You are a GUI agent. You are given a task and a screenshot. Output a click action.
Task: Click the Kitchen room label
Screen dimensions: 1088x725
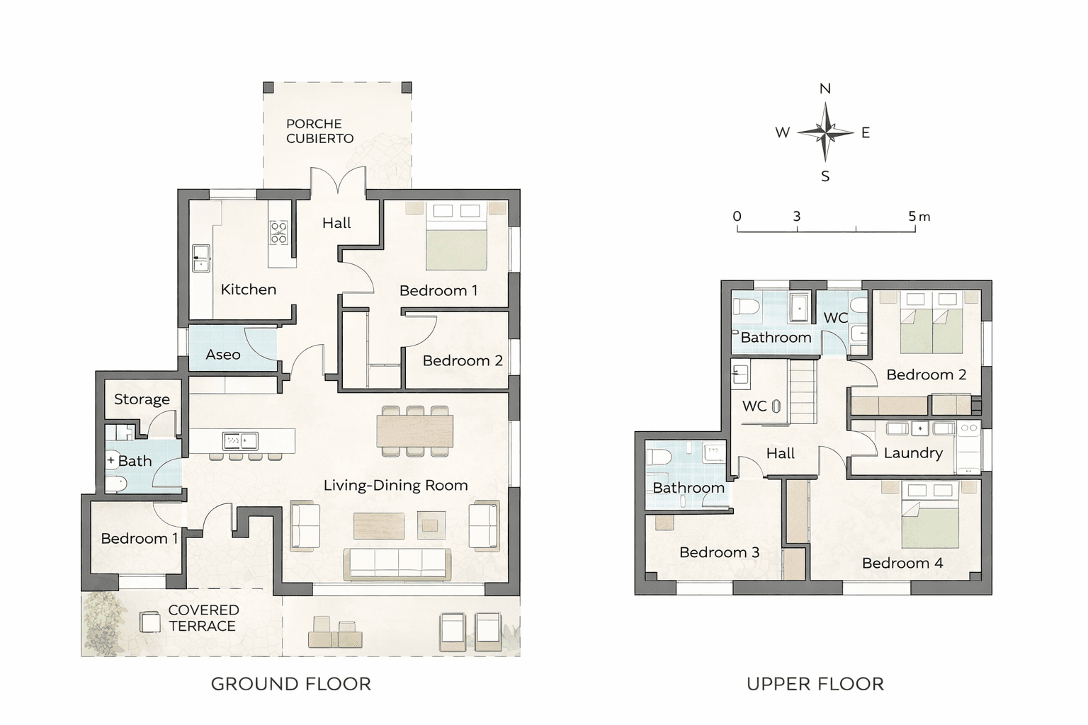point(248,290)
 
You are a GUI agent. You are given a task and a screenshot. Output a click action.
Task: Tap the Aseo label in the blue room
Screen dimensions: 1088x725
point(223,355)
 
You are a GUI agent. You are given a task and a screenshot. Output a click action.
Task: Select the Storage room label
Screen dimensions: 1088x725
point(142,399)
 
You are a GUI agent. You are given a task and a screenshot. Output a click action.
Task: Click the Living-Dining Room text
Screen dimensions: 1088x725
point(395,485)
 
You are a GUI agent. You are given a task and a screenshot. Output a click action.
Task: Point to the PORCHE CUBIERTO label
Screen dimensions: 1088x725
point(319,131)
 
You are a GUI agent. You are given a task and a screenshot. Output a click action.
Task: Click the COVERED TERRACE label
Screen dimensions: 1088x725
point(203,617)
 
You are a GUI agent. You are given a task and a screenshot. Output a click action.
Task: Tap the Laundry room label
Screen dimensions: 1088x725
point(913,453)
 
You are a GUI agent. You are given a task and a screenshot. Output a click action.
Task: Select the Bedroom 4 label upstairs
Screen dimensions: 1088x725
point(902,563)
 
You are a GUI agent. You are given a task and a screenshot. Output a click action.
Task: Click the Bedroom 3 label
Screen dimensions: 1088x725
point(720,552)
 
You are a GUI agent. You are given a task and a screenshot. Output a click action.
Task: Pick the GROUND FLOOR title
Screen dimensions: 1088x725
point(291,684)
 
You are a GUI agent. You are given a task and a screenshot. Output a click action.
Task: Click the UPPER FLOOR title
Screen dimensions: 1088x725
point(815,684)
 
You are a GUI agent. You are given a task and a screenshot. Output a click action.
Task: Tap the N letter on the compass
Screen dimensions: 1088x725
point(825,89)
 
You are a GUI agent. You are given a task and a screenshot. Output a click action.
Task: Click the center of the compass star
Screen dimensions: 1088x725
point(825,132)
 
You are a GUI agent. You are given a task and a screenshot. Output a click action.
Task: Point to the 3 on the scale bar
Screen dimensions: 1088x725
point(797,216)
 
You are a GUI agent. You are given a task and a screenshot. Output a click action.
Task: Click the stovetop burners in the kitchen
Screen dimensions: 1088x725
point(279,233)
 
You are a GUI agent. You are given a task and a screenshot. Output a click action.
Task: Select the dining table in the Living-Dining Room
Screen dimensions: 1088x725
point(415,431)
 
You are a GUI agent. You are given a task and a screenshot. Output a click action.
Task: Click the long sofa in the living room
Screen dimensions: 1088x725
point(397,564)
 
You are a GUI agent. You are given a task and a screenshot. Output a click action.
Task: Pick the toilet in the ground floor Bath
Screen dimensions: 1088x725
point(117,484)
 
